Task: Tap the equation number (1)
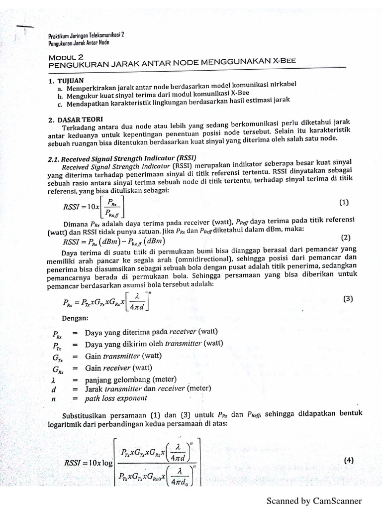pyautogui.click(x=344, y=202)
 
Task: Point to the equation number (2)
pyautogui.click(x=346, y=238)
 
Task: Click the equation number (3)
pyautogui.click(x=348, y=299)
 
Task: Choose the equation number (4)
pyautogui.click(x=348, y=461)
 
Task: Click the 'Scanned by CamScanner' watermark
pyautogui.click(x=314, y=501)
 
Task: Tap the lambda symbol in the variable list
pyautogui.click(x=53, y=380)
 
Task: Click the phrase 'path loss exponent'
pyautogui.click(x=116, y=398)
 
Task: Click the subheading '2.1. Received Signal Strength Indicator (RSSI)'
pyautogui.click(x=119, y=157)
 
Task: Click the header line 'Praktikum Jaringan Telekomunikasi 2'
pyautogui.click(x=86, y=35)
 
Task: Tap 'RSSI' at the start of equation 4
pyautogui.click(x=75, y=462)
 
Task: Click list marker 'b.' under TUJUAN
pyautogui.click(x=60, y=96)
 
